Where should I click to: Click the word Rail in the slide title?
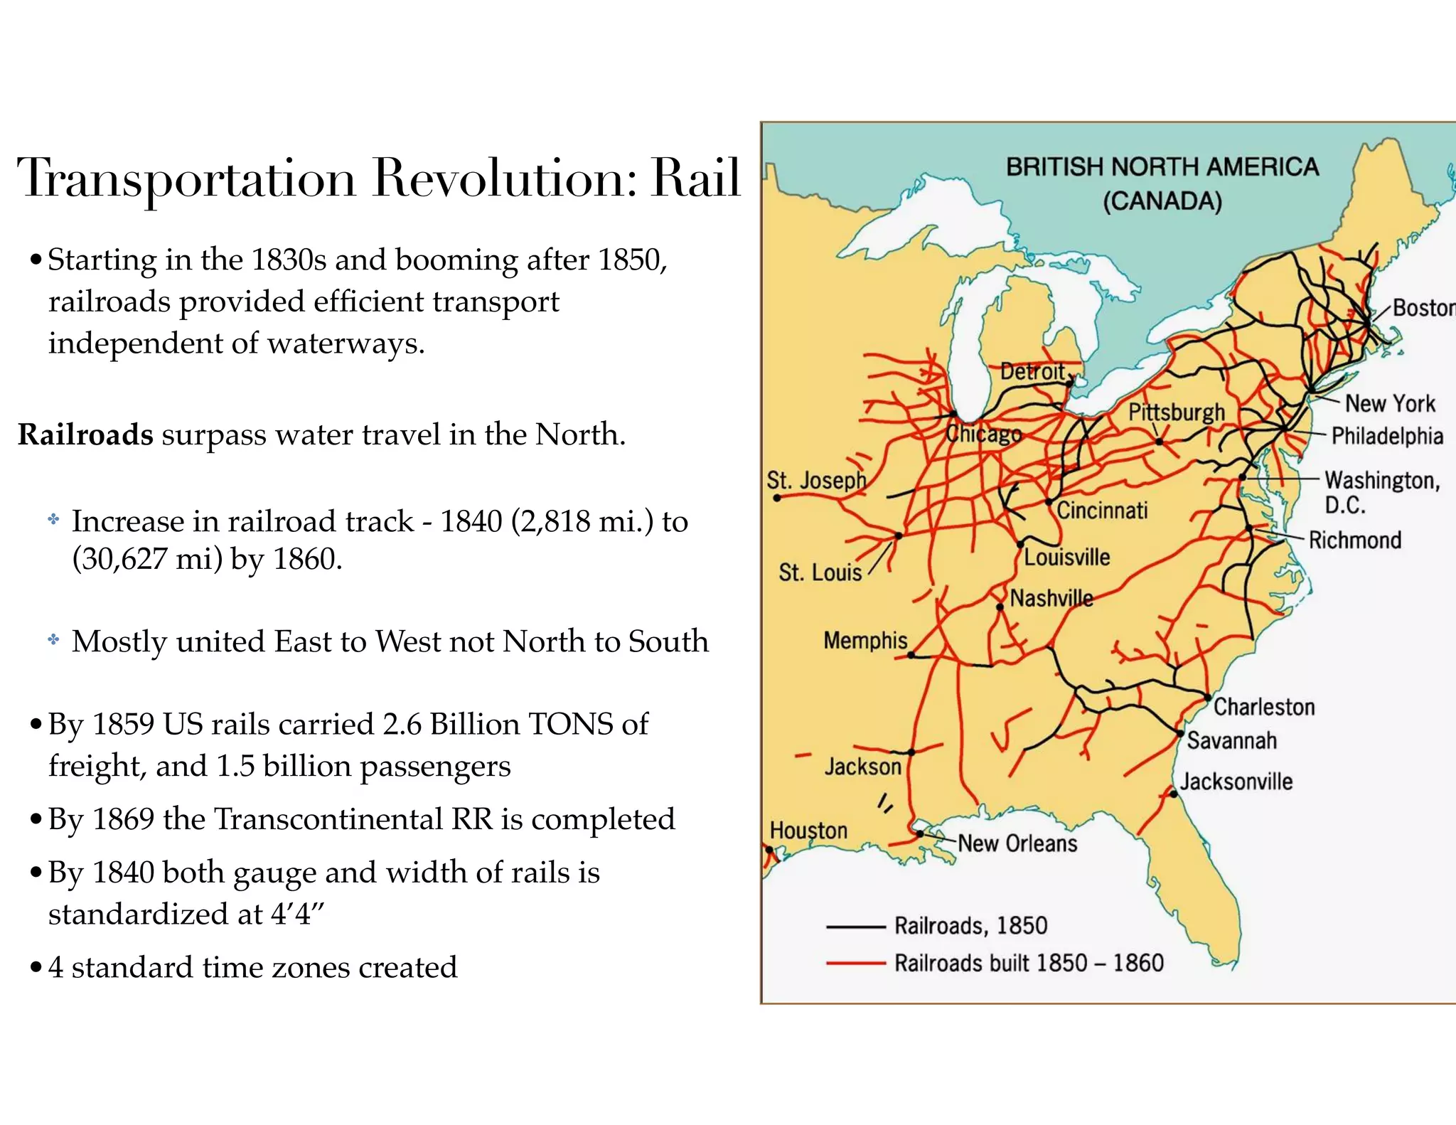(x=695, y=177)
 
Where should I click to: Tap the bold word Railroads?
(x=85, y=434)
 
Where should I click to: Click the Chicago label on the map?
(x=983, y=434)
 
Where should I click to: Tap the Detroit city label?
(x=1032, y=371)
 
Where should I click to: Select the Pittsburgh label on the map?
(x=1177, y=412)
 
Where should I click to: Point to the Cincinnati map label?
(x=1102, y=510)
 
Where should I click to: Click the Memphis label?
(x=865, y=640)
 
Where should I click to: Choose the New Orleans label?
(x=1017, y=843)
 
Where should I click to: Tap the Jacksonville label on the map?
(x=1236, y=782)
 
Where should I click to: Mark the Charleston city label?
(x=1264, y=707)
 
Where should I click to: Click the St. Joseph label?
(x=816, y=480)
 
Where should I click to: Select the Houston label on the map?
(x=808, y=830)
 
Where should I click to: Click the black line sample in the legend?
(x=855, y=927)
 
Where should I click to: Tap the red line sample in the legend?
(x=855, y=964)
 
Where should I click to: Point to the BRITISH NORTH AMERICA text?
(x=1162, y=167)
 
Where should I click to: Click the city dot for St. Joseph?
(x=777, y=498)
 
